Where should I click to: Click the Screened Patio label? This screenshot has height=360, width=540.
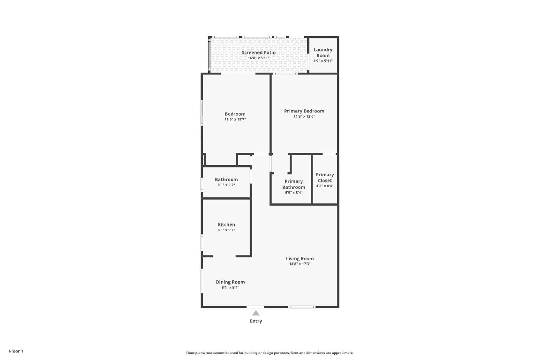pyautogui.click(x=259, y=52)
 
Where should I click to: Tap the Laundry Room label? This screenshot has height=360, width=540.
pyautogui.click(x=323, y=52)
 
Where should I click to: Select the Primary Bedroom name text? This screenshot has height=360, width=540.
pyautogui.click(x=304, y=111)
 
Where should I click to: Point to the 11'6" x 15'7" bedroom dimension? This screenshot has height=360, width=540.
pyautogui.click(x=235, y=120)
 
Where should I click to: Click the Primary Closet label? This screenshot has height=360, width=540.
pyautogui.click(x=325, y=178)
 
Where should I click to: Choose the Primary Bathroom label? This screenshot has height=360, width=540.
pyautogui.click(x=293, y=184)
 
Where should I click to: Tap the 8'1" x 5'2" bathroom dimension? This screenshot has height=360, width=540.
pyautogui.click(x=226, y=185)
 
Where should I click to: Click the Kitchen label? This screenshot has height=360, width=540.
pyautogui.click(x=226, y=225)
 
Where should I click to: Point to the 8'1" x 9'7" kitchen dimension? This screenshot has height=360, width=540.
pyautogui.click(x=226, y=230)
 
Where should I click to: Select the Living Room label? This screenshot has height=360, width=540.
pyautogui.click(x=300, y=258)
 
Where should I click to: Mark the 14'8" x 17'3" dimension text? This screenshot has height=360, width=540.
pyautogui.click(x=300, y=264)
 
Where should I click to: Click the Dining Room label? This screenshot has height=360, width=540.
pyautogui.click(x=230, y=282)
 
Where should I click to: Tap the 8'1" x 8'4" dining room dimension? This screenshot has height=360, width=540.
pyautogui.click(x=230, y=287)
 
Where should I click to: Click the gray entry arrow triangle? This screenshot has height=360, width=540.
pyautogui.click(x=255, y=313)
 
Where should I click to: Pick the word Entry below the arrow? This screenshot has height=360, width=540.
pyautogui.click(x=256, y=321)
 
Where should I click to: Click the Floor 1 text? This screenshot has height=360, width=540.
pyautogui.click(x=16, y=351)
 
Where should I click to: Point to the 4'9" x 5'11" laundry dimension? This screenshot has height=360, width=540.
pyautogui.click(x=323, y=61)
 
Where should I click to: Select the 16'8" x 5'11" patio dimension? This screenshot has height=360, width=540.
pyautogui.click(x=259, y=58)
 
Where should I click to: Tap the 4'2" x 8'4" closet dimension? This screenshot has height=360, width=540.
pyautogui.click(x=325, y=186)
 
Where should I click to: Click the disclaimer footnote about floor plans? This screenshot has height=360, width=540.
pyautogui.click(x=270, y=353)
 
